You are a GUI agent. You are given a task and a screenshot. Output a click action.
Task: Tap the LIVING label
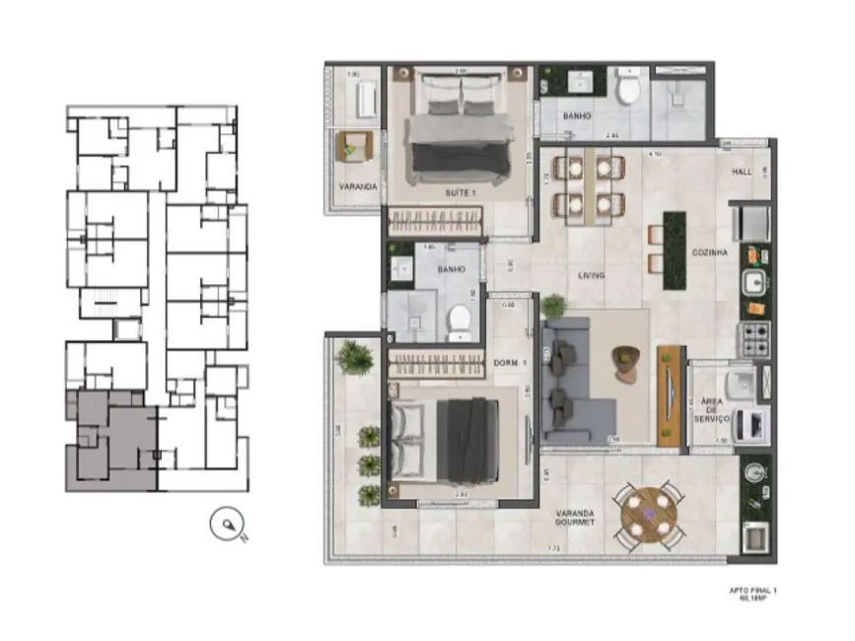tap(593, 275)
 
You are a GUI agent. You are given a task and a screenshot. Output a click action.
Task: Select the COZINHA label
tap(711, 253)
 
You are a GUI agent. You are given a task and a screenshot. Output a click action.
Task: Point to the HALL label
tap(743, 172)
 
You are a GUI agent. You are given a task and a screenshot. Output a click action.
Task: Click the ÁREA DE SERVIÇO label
tap(711, 410)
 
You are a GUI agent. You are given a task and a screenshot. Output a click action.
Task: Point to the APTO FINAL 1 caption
tap(753, 595)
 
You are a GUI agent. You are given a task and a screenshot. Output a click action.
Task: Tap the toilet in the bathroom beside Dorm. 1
tap(458, 319)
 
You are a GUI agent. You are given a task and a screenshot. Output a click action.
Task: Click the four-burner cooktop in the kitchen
tap(755, 338)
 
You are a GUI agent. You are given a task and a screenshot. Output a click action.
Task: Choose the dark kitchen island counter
tap(675, 250)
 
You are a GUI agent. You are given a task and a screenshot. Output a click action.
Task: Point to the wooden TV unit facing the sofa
tap(671, 395)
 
